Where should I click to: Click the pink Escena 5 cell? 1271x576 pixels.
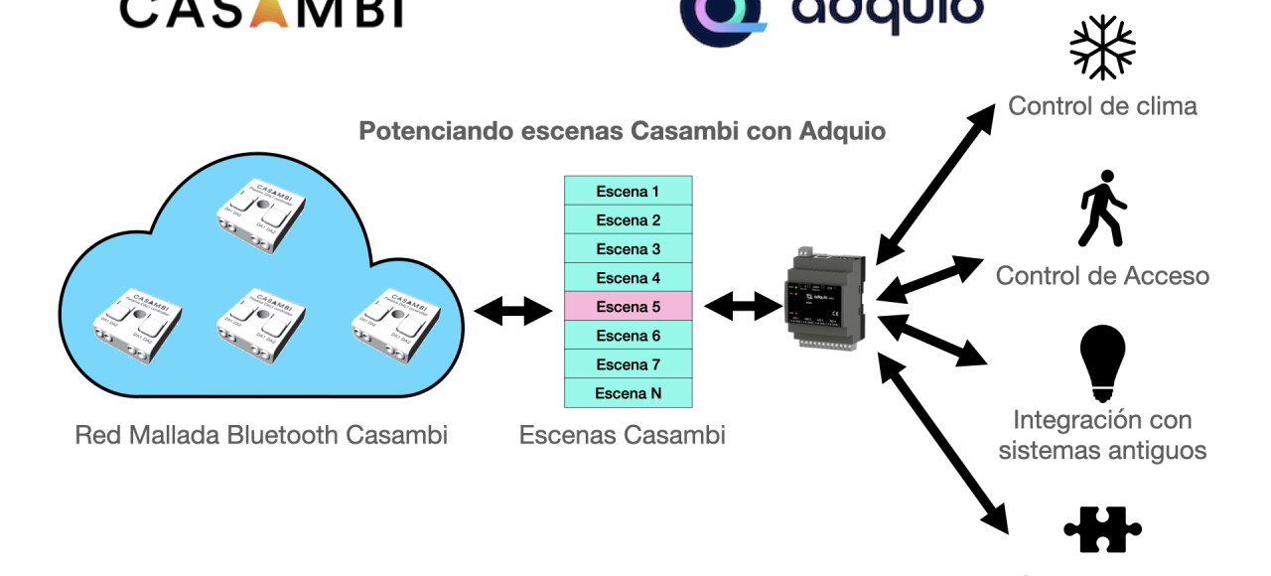pos(628,307)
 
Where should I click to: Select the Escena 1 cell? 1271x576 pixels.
pos(628,191)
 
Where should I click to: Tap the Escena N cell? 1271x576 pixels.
pos(628,393)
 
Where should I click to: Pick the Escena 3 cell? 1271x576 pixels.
pos(628,249)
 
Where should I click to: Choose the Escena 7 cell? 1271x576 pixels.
pos(628,364)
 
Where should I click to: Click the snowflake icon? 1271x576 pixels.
pos(1102,47)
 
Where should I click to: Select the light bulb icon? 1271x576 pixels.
pos(1102,362)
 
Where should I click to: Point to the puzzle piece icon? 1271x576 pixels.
pos(1102,530)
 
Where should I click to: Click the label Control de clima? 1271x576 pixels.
pos(1102,105)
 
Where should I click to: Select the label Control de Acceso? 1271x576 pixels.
pos(1102,275)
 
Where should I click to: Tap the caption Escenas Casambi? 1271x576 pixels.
pos(622,435)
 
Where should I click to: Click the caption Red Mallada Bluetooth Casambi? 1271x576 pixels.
pos(261,435)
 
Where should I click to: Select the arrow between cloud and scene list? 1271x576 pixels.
pos(512,311)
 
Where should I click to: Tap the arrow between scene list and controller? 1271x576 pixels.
pos(743,307)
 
